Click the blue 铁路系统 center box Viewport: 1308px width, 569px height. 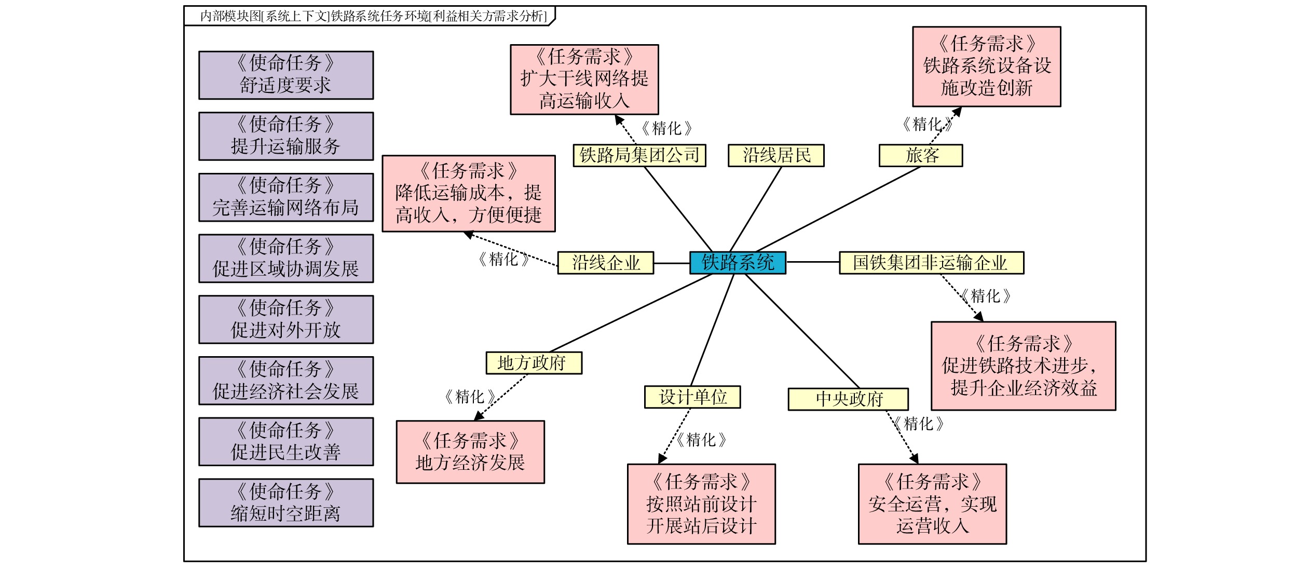pos(737,263)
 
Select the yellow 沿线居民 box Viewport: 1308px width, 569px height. pos(775,155)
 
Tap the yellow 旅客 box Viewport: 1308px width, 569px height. pos(920,155)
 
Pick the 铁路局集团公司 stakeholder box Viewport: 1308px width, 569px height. pos(639,155)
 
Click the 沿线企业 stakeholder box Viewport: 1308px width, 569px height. pos(605,263)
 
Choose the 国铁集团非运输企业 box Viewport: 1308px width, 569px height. pos(931,263)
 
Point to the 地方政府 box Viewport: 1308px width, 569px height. pos(534,363)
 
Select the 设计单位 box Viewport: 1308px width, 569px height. pos(692,397)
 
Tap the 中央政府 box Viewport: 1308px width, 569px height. pos(848,399)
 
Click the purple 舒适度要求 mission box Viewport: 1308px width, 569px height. pos(286,75)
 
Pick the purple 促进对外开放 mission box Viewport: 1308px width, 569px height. pos(286,320)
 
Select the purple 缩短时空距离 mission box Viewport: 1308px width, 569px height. pos(286,503)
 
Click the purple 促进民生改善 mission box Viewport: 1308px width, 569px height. pos(286,442)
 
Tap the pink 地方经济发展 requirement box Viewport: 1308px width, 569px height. pos(470,452)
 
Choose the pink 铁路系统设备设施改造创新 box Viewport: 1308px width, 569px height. pos(986,66)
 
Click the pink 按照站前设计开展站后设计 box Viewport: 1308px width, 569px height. pos(701,504)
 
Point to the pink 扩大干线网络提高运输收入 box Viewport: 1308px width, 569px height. pos(584,79)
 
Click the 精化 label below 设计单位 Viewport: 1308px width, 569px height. pos(701,440)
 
